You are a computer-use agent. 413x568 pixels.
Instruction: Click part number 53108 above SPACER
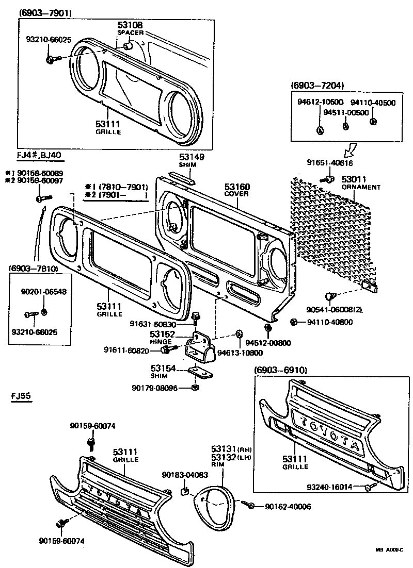[130, 25]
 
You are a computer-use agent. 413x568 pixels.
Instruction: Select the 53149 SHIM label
[192, 157]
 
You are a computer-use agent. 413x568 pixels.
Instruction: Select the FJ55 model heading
[21, 396]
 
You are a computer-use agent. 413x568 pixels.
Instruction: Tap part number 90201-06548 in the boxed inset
[43, 292]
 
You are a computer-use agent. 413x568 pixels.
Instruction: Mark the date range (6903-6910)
[280, 370]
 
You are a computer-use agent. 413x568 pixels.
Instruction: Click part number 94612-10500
[320, 103]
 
